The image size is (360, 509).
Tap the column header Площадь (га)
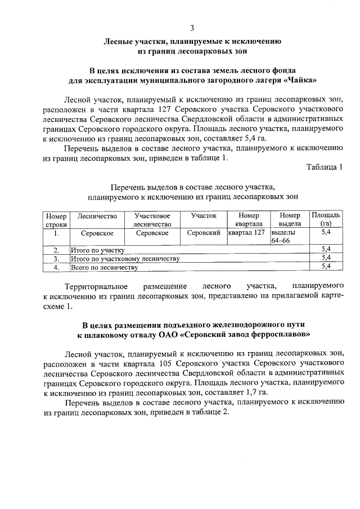click(x=326, y=219)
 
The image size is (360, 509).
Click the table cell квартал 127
click(x=246, y=232)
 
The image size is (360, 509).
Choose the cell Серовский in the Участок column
click(x=203, y=232)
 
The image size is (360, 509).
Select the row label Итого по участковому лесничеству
click(x=124, y=258)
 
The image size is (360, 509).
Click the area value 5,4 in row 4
click(x=325, y=267)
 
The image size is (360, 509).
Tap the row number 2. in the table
click(x=56, y=249)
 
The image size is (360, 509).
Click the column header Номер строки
click(x=56, y=219)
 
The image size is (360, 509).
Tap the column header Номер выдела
click(x=290, y=219)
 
